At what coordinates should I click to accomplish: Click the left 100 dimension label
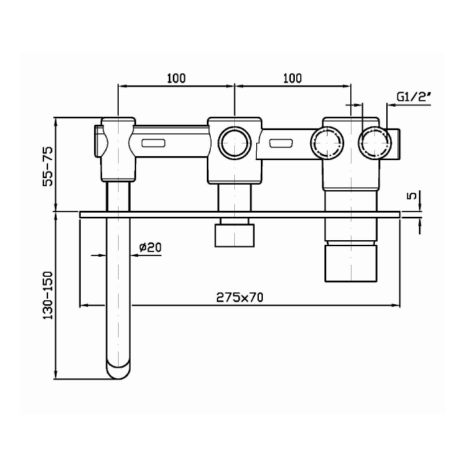click(x=176, y=78)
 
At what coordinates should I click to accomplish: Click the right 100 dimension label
click(x=292, y=78)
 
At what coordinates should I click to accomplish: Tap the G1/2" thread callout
click(x=414, y=97)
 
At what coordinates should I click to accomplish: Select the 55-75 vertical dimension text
click(x=47, y=167)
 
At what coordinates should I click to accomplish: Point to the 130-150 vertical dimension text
click(x=47, y=296)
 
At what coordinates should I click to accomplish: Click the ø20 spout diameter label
click(x=150, y=247)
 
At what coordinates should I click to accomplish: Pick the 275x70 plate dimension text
click(x=240, y=298)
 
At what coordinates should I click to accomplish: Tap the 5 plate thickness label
click(x=413, y=195)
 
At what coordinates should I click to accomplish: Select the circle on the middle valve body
click(x=235, y=143)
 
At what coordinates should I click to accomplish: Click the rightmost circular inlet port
click(x=375, y=143)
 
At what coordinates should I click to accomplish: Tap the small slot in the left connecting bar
click(x=153, y=143)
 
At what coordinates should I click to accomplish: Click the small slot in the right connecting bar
click(x=281, y=143)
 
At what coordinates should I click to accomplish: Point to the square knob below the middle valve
click(x=235, y=236)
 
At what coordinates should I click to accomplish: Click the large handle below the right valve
click(x=352, y=264)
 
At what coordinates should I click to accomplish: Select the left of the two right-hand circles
click(x=328, y=143)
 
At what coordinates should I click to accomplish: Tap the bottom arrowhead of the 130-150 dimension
click(x=55, y=375)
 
